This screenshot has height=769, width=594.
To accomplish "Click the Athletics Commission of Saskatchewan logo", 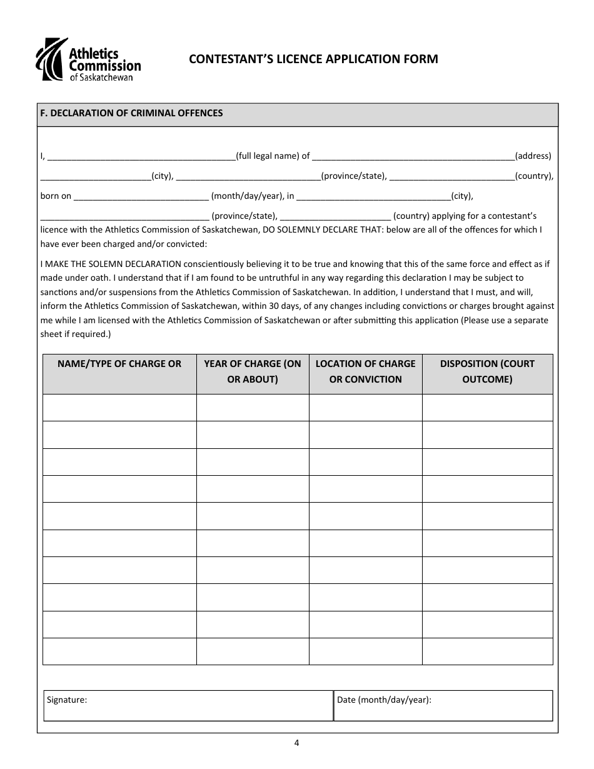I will point(88,59).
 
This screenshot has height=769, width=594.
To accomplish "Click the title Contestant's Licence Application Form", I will point(313,59).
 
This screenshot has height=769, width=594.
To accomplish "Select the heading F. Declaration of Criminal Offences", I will point(131,113).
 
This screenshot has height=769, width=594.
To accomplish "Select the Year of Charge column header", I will point(253,371).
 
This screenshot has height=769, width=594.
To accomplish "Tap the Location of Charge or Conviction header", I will point(365,371).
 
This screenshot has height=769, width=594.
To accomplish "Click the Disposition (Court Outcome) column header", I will point(487,371).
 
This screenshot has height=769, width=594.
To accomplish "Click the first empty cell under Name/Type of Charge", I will point(119,408).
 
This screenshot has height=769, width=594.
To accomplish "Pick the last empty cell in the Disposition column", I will point(487,651).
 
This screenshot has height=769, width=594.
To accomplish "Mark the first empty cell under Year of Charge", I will point(253,408).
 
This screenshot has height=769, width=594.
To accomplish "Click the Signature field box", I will point(188,706).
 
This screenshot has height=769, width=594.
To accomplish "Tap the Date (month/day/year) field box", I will point(443,706).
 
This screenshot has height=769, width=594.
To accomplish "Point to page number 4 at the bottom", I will point(297,743).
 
